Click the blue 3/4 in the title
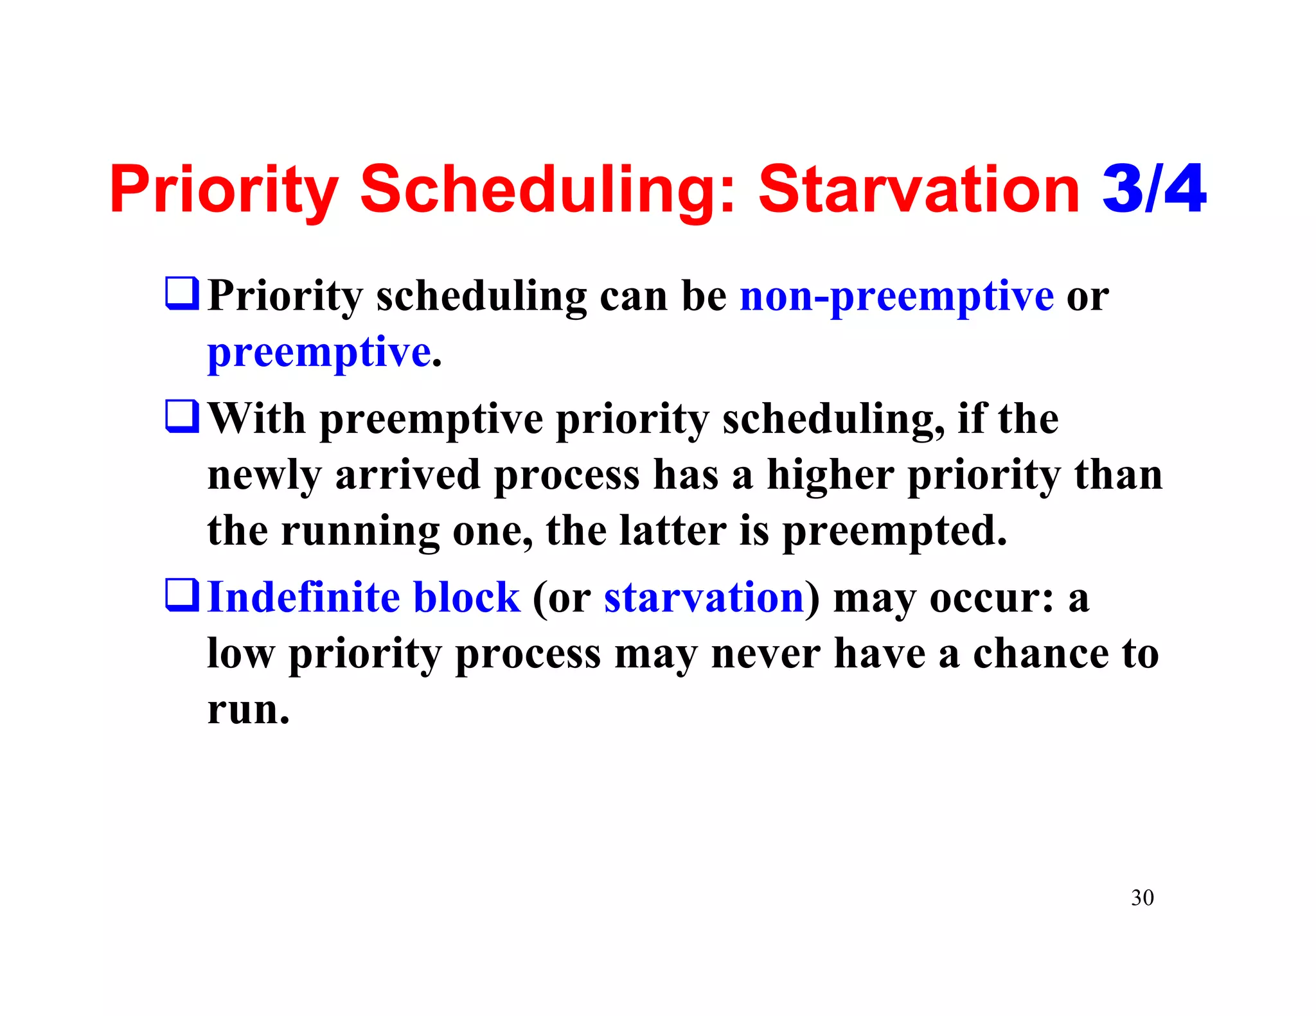pyautogui.click(x=1153, y=189)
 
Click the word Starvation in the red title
pyautogui.click(x=919, y=189)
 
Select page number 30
pyautogui.click(x=1142, y=897)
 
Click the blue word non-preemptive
pyautogui.click(x=896, y=297)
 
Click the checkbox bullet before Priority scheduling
pyautogui.click(x=182, y=293)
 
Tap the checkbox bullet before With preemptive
pyautogui.click(x=182, y=416)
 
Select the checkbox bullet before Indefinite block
pyautogui.click(x=182, y=595)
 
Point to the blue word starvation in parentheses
pyautogui.click(x=704, y=597)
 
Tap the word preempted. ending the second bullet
pyautogui.click(x=894, y=532)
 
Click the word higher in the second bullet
pyautogui.click(x=830, y=475)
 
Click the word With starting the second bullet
pyautogui.click(x=257, y=419)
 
